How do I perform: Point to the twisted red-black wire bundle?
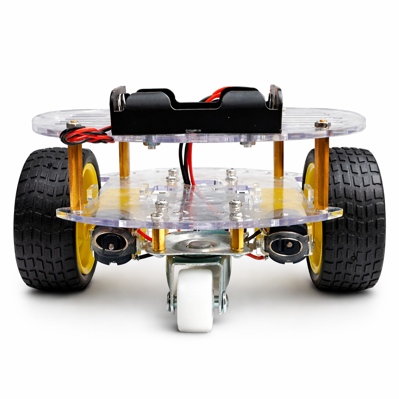(84, 136)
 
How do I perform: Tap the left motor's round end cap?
(111, 244)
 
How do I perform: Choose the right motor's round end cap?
(288, 245)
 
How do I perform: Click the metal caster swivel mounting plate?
(199, 245)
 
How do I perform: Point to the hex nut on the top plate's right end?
(322, 124)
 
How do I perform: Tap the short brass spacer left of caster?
(159, 240)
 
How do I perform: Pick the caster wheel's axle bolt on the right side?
(223, 302)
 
